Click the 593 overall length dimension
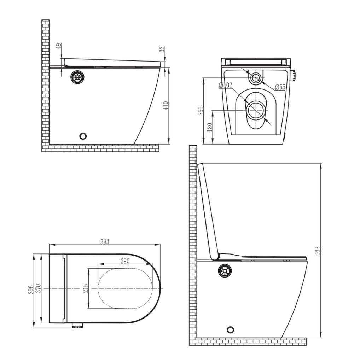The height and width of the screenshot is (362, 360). (x=104, y=242)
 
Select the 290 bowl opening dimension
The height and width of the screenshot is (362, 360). (x=125, y=261)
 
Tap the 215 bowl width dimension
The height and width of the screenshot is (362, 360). (x=85, y=288)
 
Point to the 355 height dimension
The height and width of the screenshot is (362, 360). (x=201, y=111)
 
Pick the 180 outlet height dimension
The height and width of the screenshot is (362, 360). (x=209, y=128)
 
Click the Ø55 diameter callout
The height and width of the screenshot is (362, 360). (x=280, y=87)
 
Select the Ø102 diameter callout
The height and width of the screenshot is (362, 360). (x=225, y=85)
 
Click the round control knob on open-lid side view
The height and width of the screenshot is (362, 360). (x=225, y=271)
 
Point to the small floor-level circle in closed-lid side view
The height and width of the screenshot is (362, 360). (x=83, y=135)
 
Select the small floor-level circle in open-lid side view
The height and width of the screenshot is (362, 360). (x=231, y=329)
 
